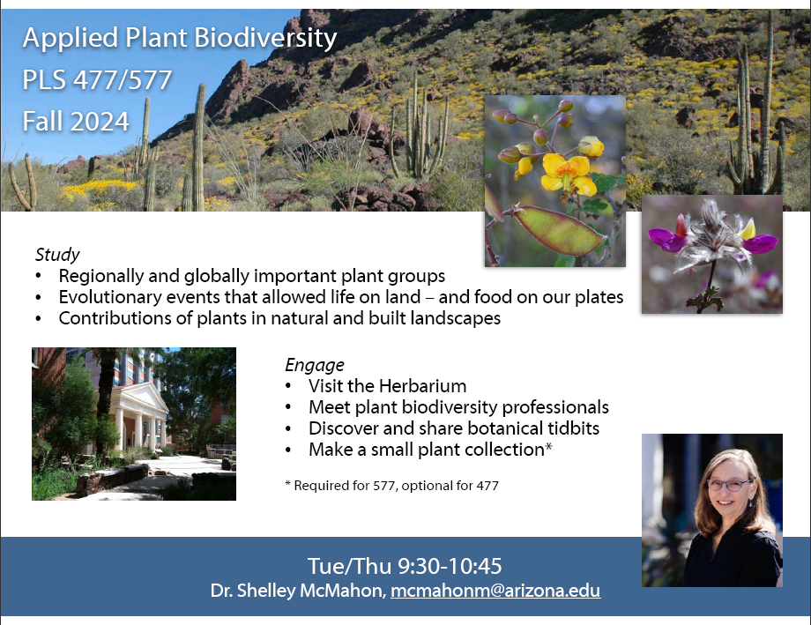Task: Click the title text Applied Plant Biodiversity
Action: click(x=180, y=38)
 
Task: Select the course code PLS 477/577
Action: click(x=97, y=79)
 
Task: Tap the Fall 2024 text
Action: click(x=76, y=122)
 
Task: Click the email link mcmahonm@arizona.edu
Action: click(x=495, y=591)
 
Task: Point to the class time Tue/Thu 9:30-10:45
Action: click(x=405, y=566)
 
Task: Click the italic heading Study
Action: click(x=57, y=255)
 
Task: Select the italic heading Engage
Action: click(x=315, y=365)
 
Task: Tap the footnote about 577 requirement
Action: click(x=391, y=486)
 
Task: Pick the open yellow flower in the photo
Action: click(x=568, y=174)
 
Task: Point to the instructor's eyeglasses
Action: click(x=730, y=486)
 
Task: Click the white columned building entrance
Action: click(x=139, y=417)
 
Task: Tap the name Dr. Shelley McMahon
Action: click(x=299, y=591)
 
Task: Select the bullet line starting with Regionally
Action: click(x=252, y=276)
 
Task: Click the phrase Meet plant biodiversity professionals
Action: click(x=458, y=407)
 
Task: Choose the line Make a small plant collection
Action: click(x=430, y=450)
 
